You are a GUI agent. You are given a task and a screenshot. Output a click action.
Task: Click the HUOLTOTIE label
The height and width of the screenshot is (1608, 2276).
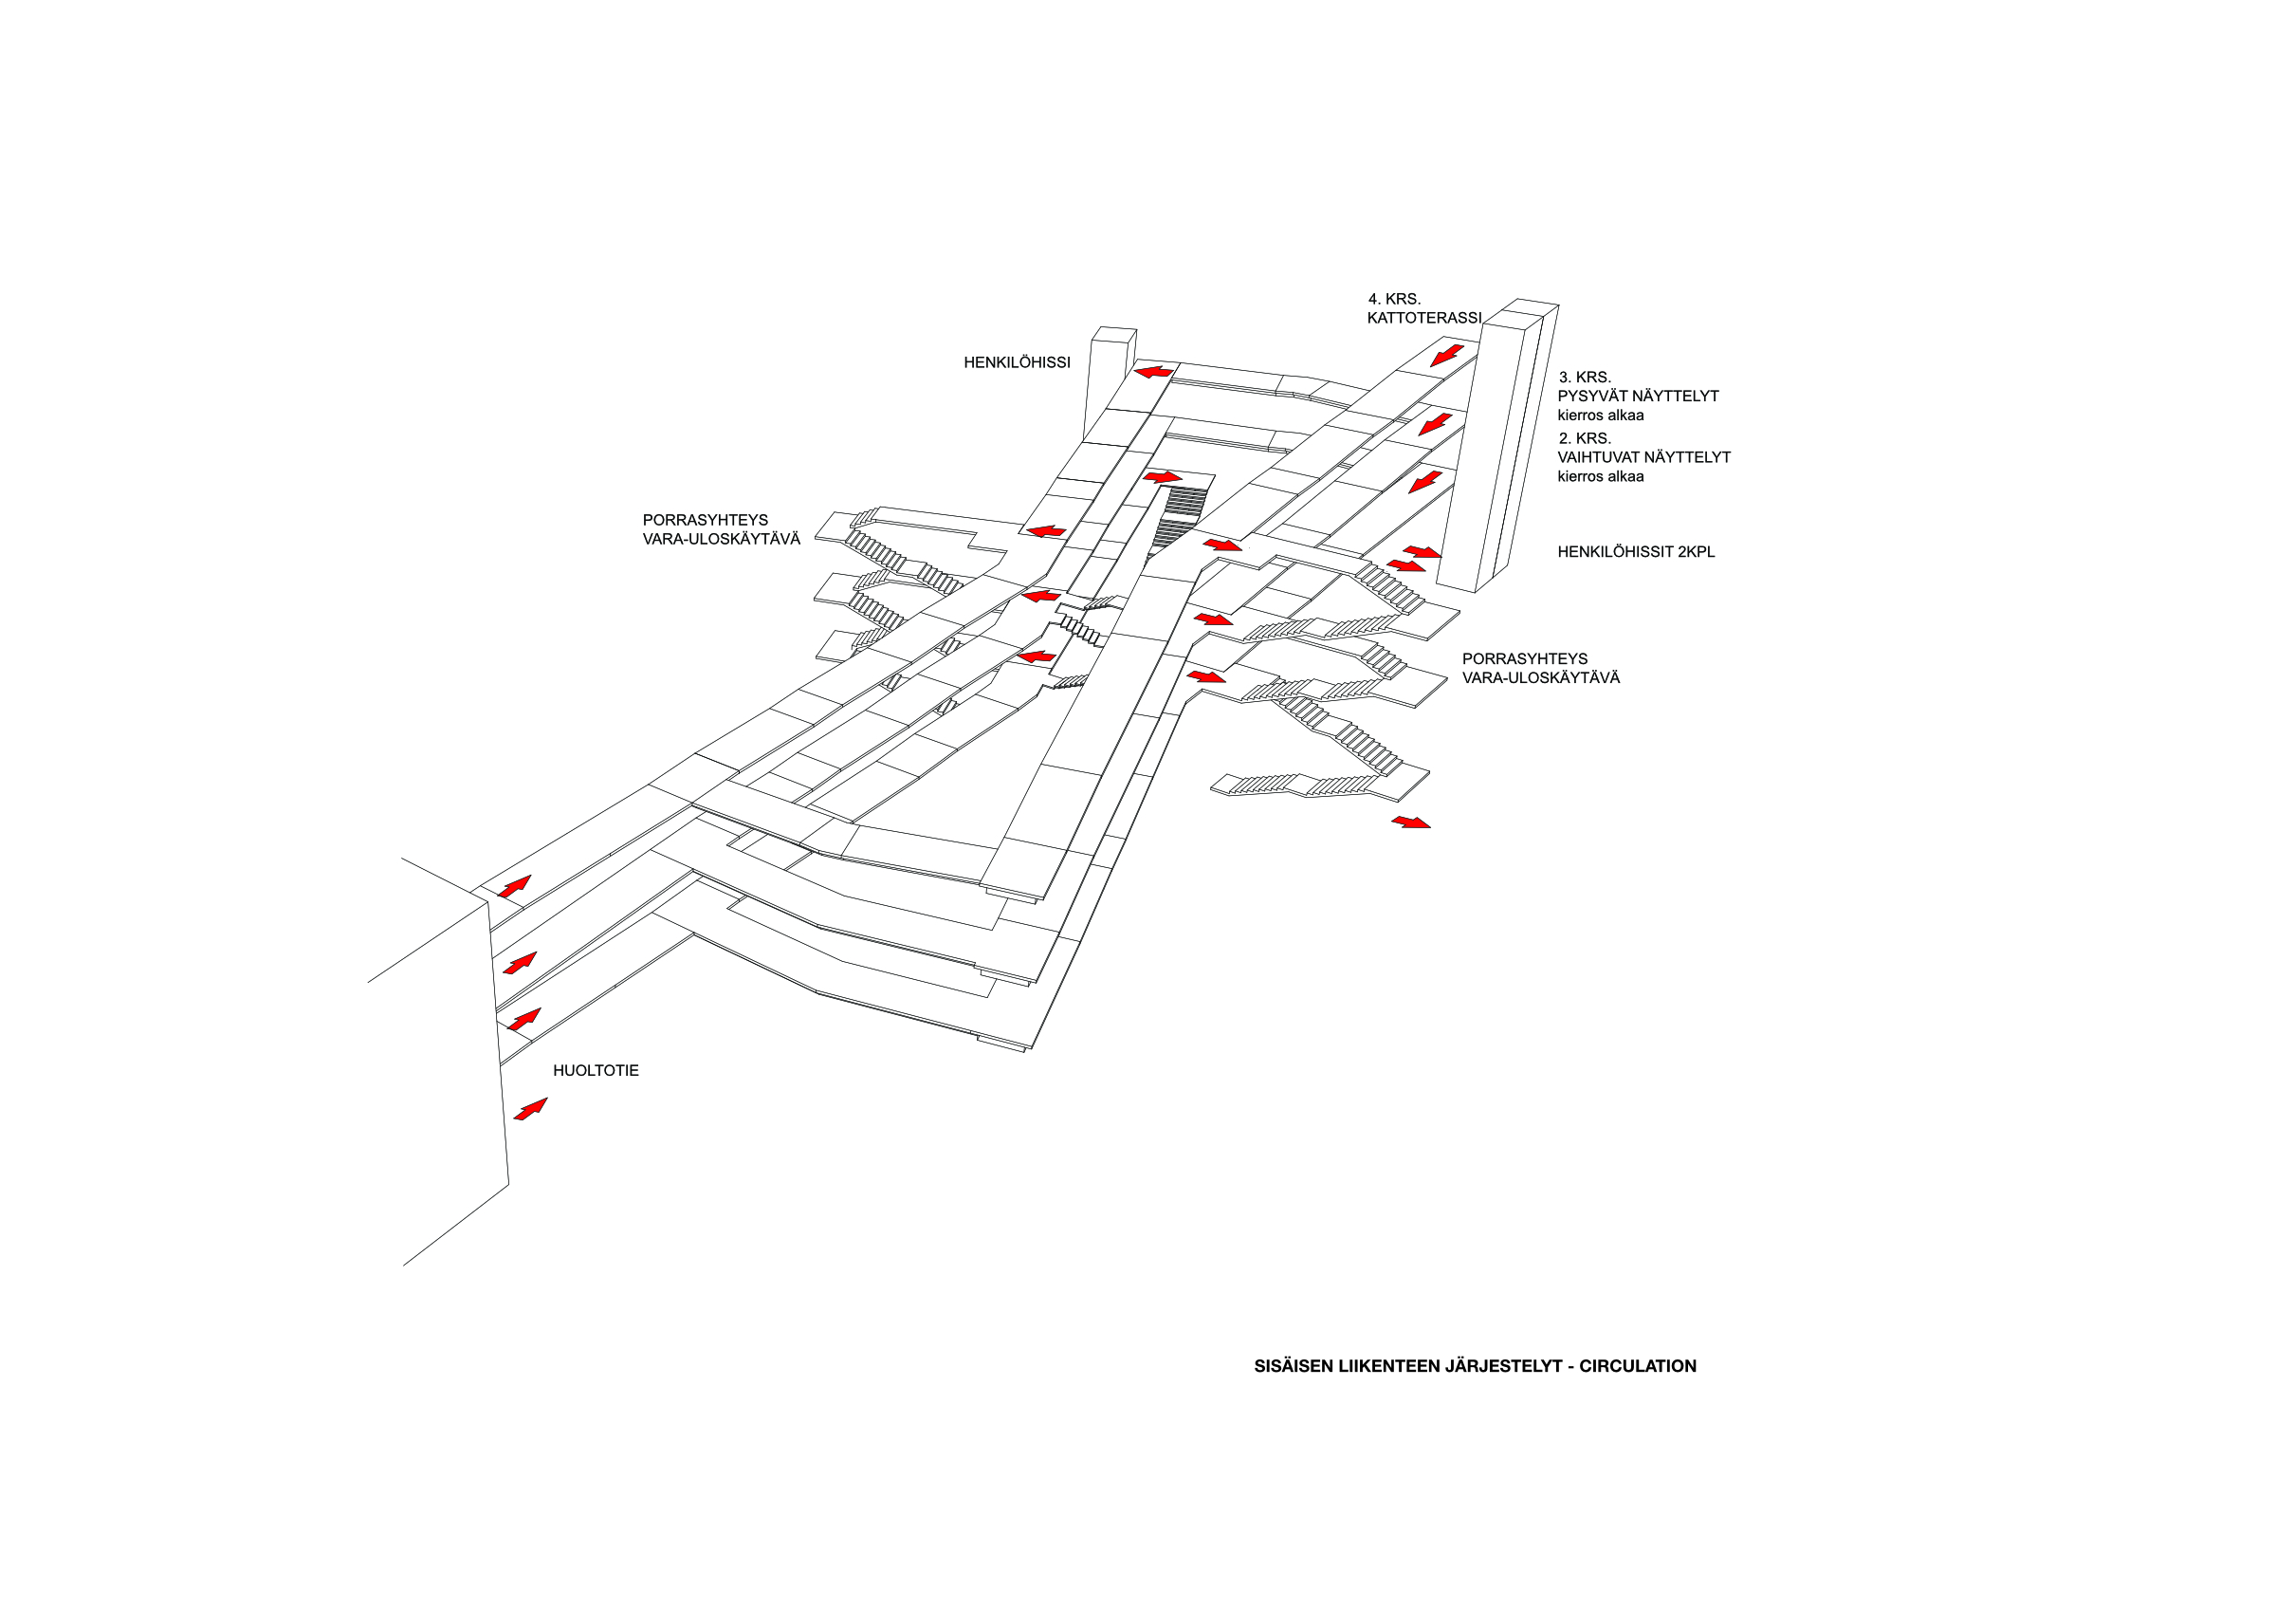click(x=595, y=1071)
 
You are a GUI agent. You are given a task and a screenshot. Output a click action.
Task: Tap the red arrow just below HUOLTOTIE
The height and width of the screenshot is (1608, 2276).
click(x=530, y=1108)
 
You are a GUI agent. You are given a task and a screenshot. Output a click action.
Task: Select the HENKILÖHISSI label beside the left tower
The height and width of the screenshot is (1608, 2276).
click(x=1016, y=362)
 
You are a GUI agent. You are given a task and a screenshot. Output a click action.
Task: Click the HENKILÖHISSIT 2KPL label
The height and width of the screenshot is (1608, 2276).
click(x=1635, y=552)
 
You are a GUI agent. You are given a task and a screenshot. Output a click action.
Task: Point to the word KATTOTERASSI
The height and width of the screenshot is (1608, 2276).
click(x=1423, y=318)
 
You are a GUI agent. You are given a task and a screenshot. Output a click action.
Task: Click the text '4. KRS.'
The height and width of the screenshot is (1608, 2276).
click(x=1394, y=299)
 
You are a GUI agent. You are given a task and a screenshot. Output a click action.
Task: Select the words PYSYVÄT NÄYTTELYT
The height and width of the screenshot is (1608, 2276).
click(x=1638, y=397)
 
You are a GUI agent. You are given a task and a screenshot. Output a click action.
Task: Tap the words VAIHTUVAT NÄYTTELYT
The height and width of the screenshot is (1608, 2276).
click(x=1643, y=458)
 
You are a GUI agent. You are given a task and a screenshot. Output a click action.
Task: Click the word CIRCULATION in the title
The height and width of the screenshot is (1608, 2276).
click(x=1637, y=1366)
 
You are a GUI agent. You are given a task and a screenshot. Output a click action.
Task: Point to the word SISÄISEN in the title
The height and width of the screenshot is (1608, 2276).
click(x=1294, y=1366)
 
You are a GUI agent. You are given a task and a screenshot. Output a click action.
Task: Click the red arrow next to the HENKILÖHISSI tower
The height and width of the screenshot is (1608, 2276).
click(x=1153, y=373)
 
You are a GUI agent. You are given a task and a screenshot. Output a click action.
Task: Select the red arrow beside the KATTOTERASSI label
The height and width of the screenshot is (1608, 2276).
click(x=1446, y=355)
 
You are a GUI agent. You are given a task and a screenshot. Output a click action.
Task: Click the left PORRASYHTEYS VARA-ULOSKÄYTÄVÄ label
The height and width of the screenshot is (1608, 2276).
click(x=721, y=530)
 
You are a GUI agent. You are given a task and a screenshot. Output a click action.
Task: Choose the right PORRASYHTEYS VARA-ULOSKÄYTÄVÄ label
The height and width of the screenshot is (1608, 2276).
click(x=1539, y=669)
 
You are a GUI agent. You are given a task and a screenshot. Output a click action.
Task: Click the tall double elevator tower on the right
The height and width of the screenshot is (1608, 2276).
click(x=1496, y=446)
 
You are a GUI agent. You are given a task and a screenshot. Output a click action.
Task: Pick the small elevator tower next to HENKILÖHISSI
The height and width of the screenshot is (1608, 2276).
click(x=1110, y=381)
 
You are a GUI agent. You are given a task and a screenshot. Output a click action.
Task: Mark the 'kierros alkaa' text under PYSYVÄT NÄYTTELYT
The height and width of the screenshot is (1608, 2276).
click(x=1600, y=416)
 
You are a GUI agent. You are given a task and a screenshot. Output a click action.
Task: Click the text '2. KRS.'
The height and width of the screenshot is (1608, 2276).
click(x=1584, y=438)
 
